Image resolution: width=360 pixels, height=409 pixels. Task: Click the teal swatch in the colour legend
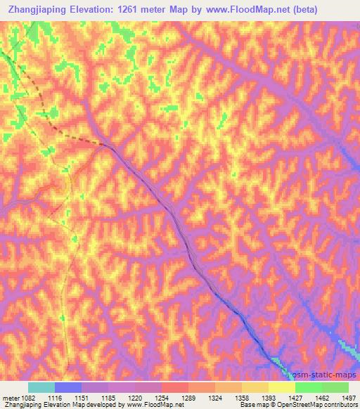point(41,387)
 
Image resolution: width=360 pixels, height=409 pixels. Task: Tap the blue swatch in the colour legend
point(67,387)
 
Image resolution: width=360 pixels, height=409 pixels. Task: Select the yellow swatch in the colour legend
point(281,387)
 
